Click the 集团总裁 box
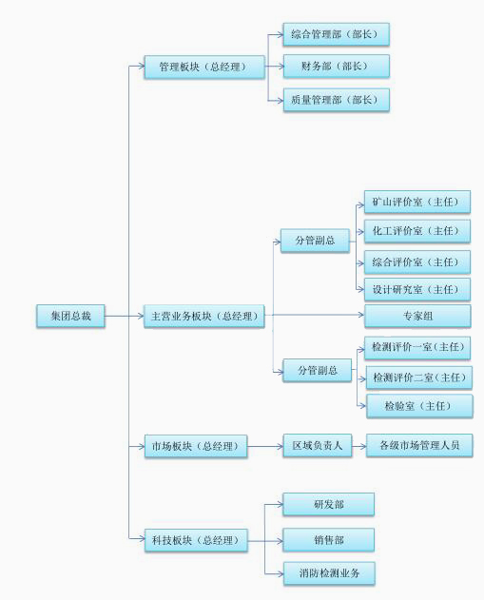tap(70, 316)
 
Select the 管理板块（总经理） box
tap(204, 67)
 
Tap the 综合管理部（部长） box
tap(336, 34)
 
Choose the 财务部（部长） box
tap(336, 67)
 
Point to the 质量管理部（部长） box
tap(336, 100)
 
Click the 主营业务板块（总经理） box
tap(203, 316)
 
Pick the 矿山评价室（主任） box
tap(417, 202)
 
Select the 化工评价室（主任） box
tap(417, 231)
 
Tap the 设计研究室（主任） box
tap(417, 290)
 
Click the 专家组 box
tap(417, 316)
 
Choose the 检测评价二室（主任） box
tap(419, 377)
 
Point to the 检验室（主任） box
tap(419, 406)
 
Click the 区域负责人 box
tap(318, 445)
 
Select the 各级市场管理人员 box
tap(419, 445)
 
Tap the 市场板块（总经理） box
tap(196, 446)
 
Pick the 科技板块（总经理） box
tap(196, 540)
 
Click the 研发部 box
tap(328, 504)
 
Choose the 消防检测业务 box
tap(329, 573)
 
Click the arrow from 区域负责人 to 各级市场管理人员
tap(358, 446)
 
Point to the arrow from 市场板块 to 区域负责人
tap(265, 446)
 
